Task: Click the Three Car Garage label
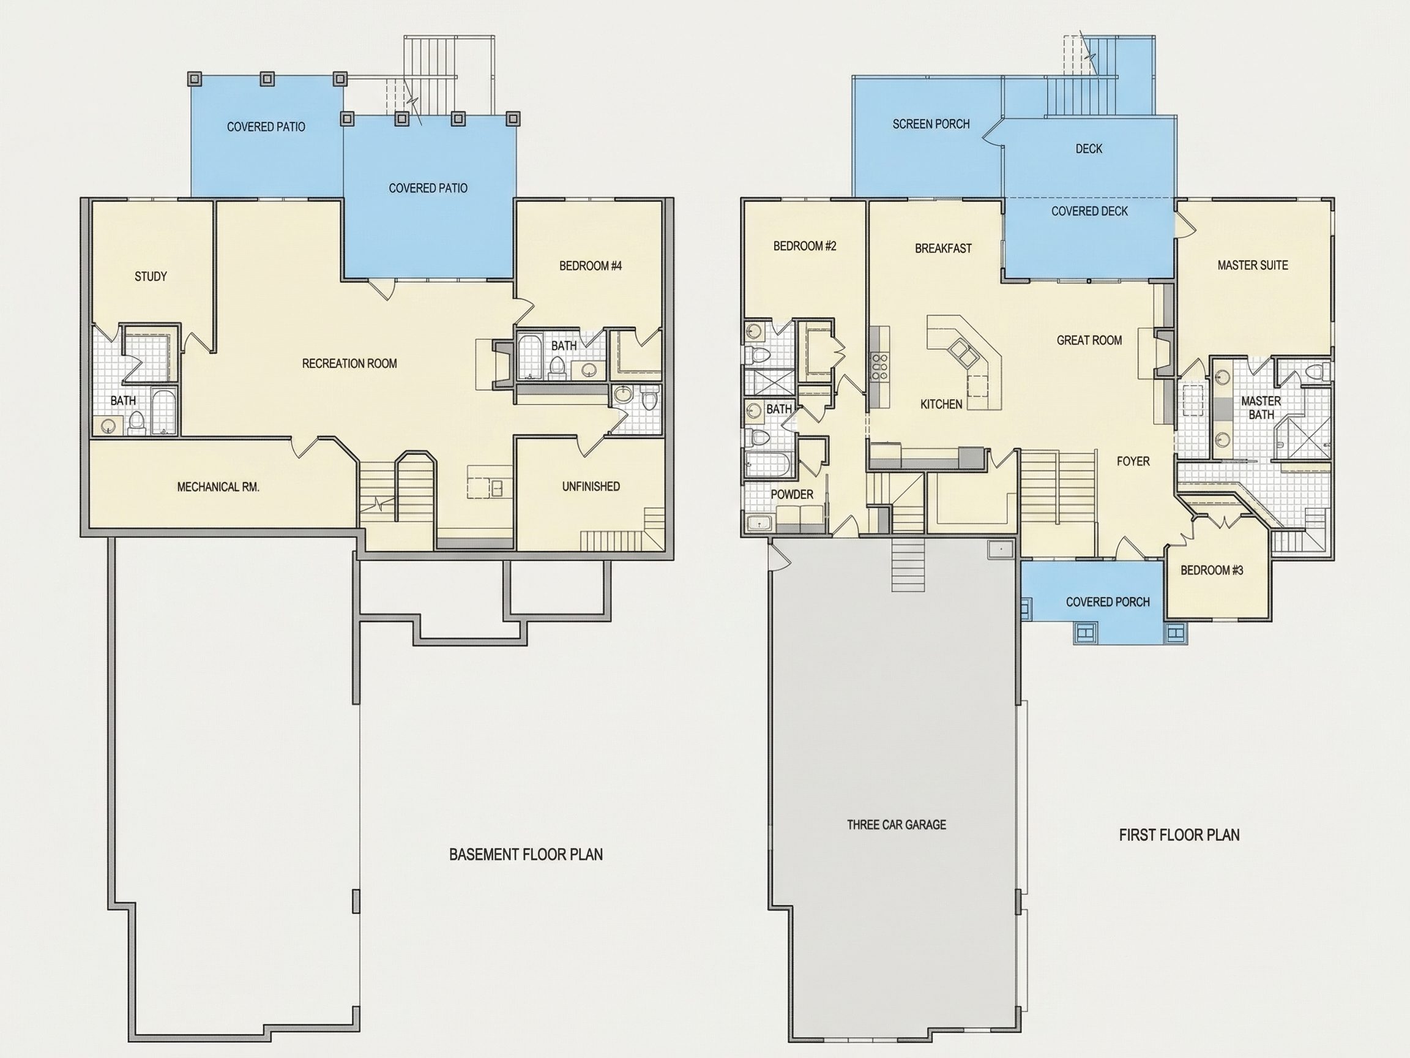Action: (x=896, y=825)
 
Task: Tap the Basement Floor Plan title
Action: (x=526, y=855)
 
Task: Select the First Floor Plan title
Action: (x=1179, y=835)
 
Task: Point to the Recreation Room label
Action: (x=349, y=364)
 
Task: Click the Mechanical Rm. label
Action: (x=218, y=487)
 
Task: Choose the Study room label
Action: (x=151, y=276)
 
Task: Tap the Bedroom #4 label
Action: (x=591, y=266)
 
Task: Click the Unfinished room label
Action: (x=591, y=487)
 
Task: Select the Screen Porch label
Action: (x=931, y=124)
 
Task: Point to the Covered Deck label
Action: (x=1089, y=211)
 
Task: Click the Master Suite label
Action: (x=1253, y=265)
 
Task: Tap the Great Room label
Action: (x=1089, y=340)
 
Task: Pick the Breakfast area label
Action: (x=944, y=248)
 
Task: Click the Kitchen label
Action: (x=941, y=404)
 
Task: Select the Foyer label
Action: (x=1133, y=461)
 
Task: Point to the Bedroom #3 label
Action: (x=1212, y=570)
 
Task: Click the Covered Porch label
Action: (x=1108, y=602)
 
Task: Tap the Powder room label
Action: (x=792, y=494)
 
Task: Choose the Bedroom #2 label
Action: (x=804, y=246)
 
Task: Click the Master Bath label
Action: (x=1261, y=408)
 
